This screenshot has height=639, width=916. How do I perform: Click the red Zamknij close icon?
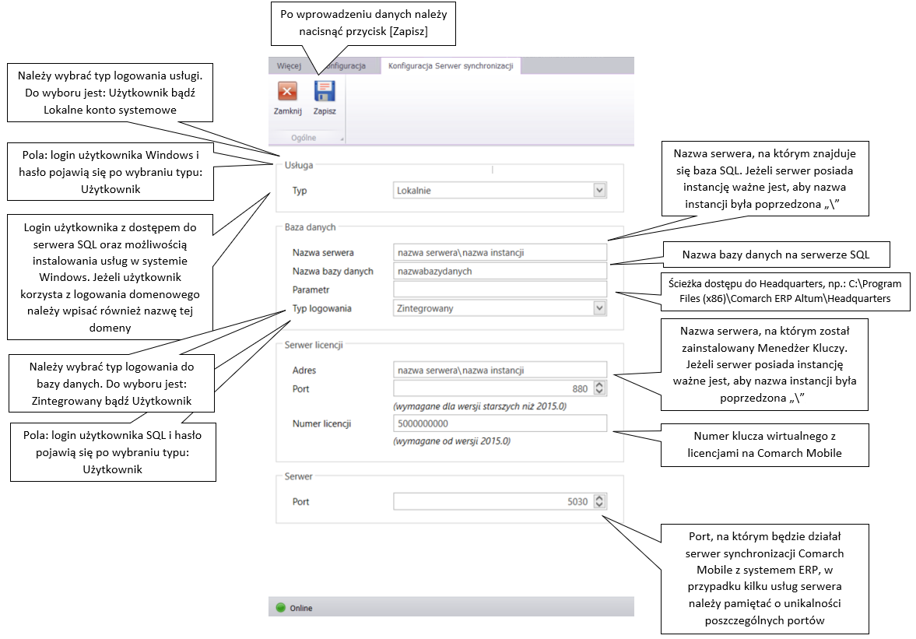click(x=287, y=91)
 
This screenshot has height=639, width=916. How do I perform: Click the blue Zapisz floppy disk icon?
click(x=325, y=91)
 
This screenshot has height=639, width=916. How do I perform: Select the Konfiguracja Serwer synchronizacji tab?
click(x=451, y=66)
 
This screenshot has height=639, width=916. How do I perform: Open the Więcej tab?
click(x=289, y=66)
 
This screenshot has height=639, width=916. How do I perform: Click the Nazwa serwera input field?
click(x=500, y=252)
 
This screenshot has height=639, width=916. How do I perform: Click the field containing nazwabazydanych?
click(x=500, y=271)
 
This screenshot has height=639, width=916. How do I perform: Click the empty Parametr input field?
click(x=500, y=290)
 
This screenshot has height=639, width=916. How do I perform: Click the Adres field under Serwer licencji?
click(x=500, y=370)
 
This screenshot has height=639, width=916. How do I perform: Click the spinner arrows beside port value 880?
click(x=599, y=388)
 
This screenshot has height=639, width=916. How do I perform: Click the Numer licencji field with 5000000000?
click(x=500, y=423)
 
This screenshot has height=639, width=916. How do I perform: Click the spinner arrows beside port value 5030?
click(x=599, y=501)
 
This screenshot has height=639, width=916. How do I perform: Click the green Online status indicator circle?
click(x=280, y=607)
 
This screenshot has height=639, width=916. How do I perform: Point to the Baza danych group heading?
click(x=311, y=227)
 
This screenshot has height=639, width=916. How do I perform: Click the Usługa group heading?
click(x=299, y=165)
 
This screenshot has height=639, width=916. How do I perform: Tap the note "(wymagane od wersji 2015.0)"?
click(x=452, y=441)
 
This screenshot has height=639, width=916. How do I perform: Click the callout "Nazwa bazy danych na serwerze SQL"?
click(x=776, y=255)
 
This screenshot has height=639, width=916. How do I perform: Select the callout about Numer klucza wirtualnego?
click(x=765, y=444)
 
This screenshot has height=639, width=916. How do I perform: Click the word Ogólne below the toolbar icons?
click(x=304, y=138)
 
